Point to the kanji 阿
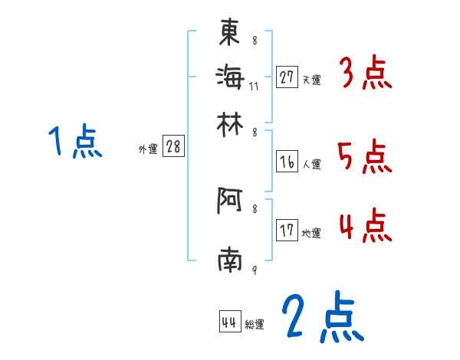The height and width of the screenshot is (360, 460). point(230,201)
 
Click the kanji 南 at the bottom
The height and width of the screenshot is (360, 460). point(230,261)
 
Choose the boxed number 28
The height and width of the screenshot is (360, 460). point(173,147)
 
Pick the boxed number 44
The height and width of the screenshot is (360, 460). point(229,322)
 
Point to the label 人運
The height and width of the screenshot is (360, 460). point(311,164)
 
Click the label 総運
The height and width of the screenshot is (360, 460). point(254,325)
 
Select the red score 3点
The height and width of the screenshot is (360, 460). point(365,74)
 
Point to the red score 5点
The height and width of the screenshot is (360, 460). point(365,159)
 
